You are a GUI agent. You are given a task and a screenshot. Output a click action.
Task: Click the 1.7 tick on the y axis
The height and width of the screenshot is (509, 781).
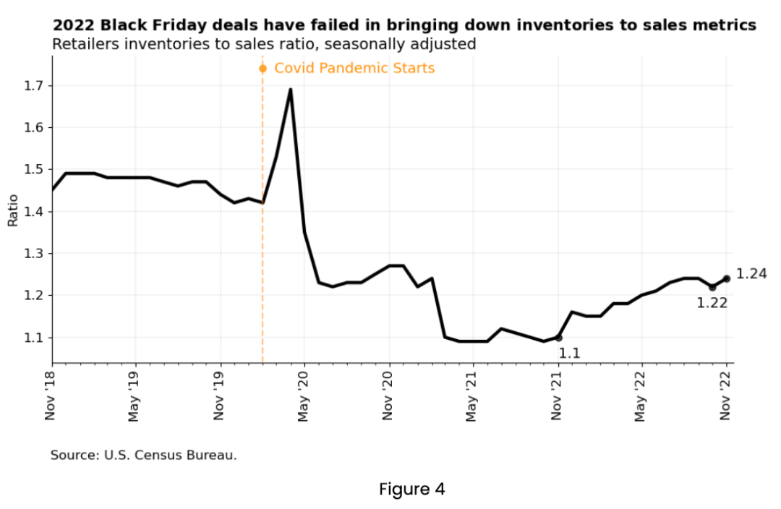(33, 86)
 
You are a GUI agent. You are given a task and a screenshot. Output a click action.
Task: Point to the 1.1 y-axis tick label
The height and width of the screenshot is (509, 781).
(33, 338)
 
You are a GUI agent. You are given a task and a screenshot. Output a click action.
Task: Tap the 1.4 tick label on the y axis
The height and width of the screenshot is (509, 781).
(33, 212)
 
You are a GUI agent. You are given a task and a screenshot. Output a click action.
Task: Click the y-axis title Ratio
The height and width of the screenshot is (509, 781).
(12, 210)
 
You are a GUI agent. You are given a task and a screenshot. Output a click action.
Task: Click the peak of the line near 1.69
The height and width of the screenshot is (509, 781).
(290, 90)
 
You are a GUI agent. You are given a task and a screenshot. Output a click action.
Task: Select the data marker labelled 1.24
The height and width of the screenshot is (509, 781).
(726, 278)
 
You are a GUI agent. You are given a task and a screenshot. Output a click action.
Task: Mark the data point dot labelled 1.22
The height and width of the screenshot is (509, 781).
(712, 287)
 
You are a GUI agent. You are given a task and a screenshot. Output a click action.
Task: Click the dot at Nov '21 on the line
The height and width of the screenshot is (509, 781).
(558, 338)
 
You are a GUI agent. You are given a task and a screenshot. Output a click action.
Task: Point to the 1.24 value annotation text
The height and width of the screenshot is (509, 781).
(751, 274)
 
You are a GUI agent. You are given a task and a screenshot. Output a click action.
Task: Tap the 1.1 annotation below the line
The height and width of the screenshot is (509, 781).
(569, 354)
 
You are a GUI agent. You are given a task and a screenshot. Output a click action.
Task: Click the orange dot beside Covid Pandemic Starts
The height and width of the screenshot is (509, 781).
(263, 69)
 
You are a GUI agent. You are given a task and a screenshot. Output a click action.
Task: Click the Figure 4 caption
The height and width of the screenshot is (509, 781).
(411, 489)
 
